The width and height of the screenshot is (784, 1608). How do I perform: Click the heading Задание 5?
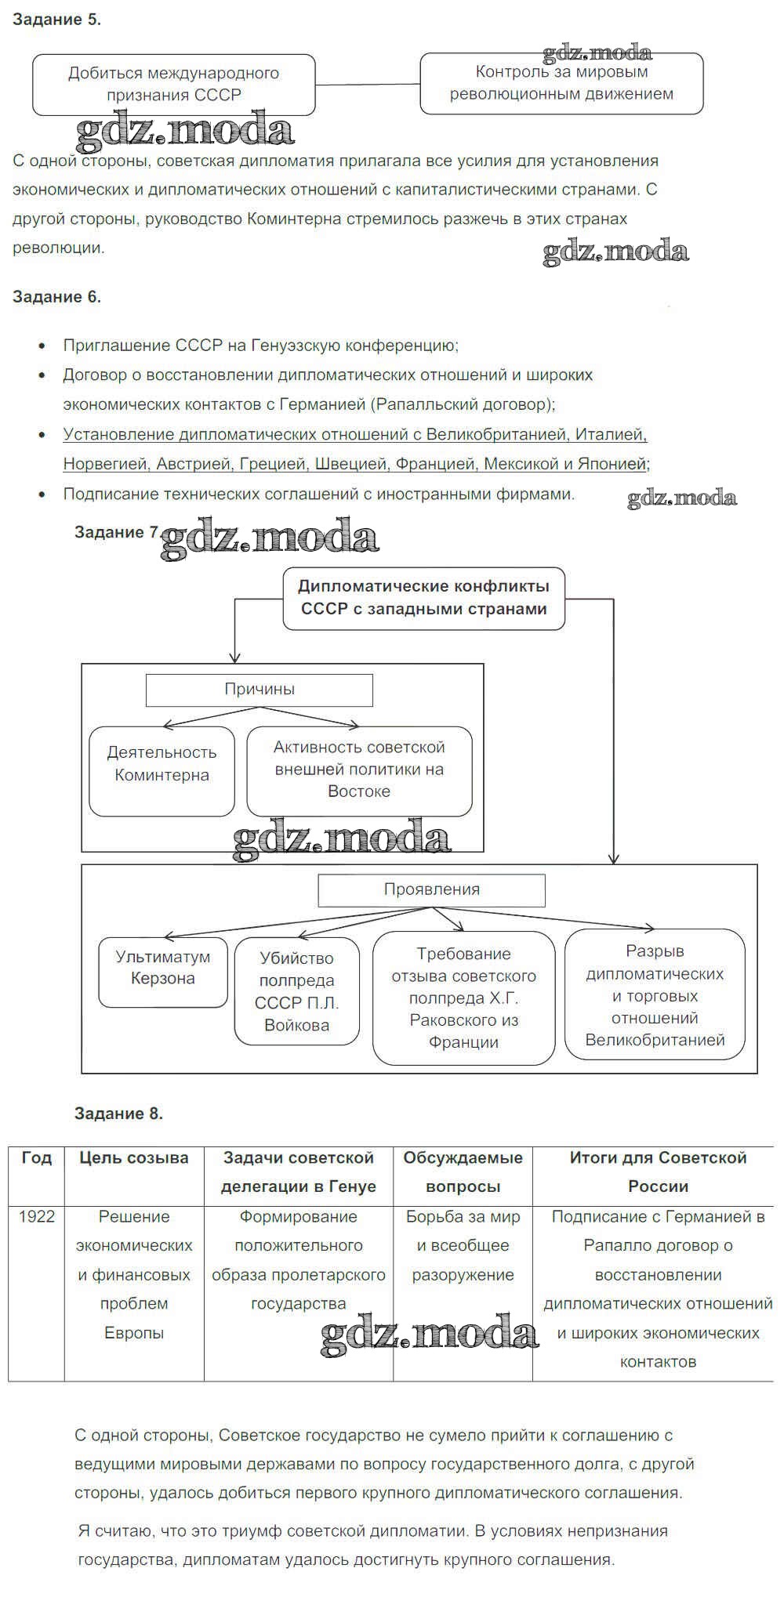56,20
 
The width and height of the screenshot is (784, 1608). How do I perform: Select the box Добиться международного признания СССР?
173,84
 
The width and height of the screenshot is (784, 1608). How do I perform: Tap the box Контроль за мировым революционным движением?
561,83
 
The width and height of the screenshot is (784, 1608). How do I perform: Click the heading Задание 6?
56,297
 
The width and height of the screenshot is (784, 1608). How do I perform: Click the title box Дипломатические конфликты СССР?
423,598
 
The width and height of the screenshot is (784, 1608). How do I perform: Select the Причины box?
260,690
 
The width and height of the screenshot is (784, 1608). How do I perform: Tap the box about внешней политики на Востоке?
359,770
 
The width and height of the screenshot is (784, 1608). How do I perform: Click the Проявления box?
431,889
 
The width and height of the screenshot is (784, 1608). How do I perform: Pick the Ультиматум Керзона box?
162,968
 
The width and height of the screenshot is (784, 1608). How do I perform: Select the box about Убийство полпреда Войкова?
296,991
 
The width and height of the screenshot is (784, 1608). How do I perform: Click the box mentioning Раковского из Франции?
463,998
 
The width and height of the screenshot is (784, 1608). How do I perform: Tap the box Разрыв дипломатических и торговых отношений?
655,995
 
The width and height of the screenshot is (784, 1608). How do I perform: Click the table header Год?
37,1158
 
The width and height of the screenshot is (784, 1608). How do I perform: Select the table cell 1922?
37,1217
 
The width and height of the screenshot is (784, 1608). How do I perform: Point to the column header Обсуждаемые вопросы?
463,1172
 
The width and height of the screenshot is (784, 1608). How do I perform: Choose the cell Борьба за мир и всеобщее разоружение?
463,1246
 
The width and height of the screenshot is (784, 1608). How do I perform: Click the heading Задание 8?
118,1114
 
